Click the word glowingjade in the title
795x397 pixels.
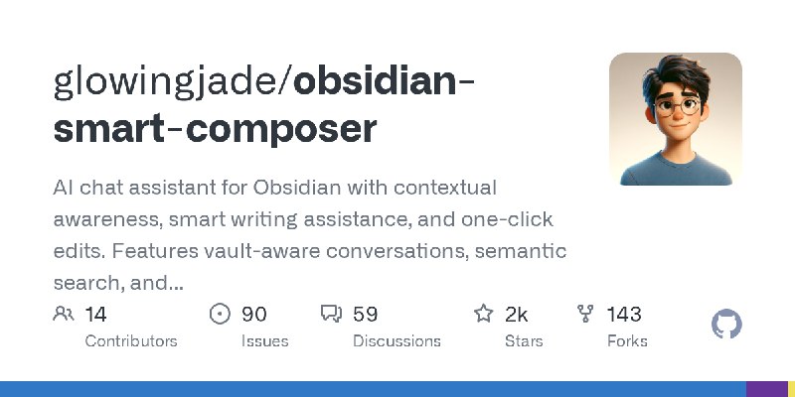(x=168, y=81)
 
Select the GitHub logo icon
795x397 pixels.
(x=727, y=325)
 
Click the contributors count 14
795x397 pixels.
(x=95, y=315)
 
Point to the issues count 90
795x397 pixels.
(x=253, y=315)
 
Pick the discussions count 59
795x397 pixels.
(x=365, y=315)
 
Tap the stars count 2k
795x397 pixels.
(x=516, y=315)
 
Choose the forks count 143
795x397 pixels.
(x=624, y=315)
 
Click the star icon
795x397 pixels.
(x=484, y=315)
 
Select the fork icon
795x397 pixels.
(x=586, y=315)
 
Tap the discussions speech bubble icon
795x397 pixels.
(x=331, y=315)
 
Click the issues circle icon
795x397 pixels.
(x=221, y=315)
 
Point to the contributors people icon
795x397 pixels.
(x=64, y=315)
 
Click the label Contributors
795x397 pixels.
(x=131, y=340)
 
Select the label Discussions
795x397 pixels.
(x=396, y=340)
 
